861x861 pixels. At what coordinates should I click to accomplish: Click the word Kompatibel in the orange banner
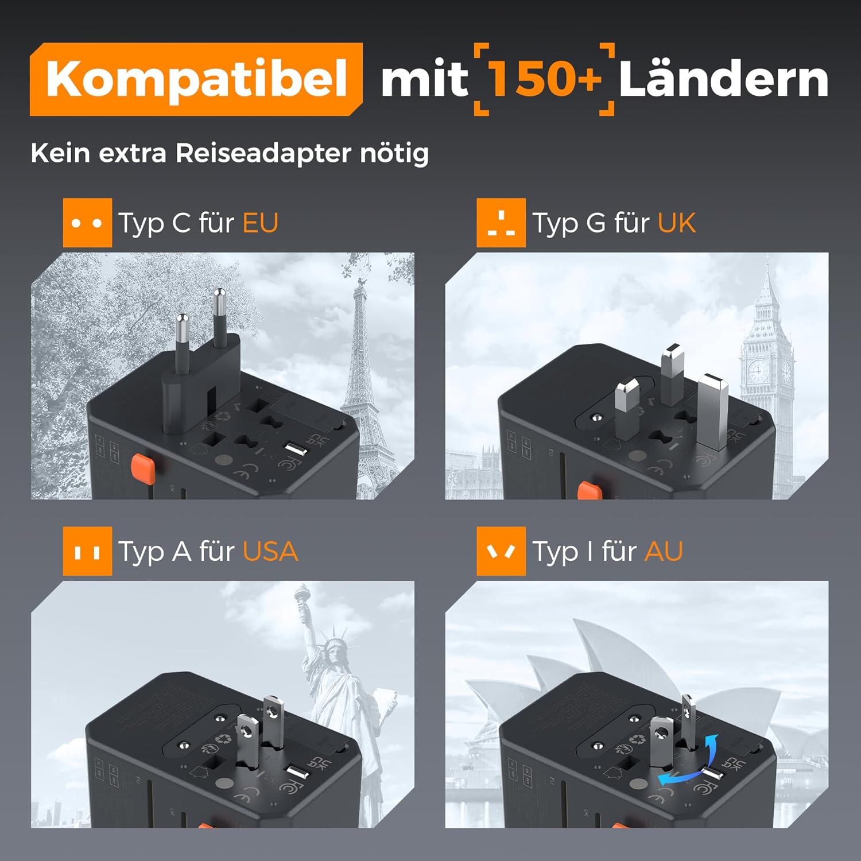pos(196,79)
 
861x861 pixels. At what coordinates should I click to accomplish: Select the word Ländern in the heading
pos(723,79)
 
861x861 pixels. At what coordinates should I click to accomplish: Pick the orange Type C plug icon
pos(87,223)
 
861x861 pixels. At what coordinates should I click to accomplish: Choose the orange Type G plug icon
pos(501,223)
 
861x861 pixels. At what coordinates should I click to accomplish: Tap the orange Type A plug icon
pos(87,552)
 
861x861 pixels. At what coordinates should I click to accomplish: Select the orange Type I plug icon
pos(501,552)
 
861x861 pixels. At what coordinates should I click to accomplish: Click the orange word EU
pos(260,223)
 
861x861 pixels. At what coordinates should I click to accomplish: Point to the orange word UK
pos(676,223)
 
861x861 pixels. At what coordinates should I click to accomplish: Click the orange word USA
pos(270,552)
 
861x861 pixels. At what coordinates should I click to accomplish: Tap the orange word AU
pos(664,552)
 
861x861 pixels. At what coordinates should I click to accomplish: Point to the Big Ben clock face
pos(758,372)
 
